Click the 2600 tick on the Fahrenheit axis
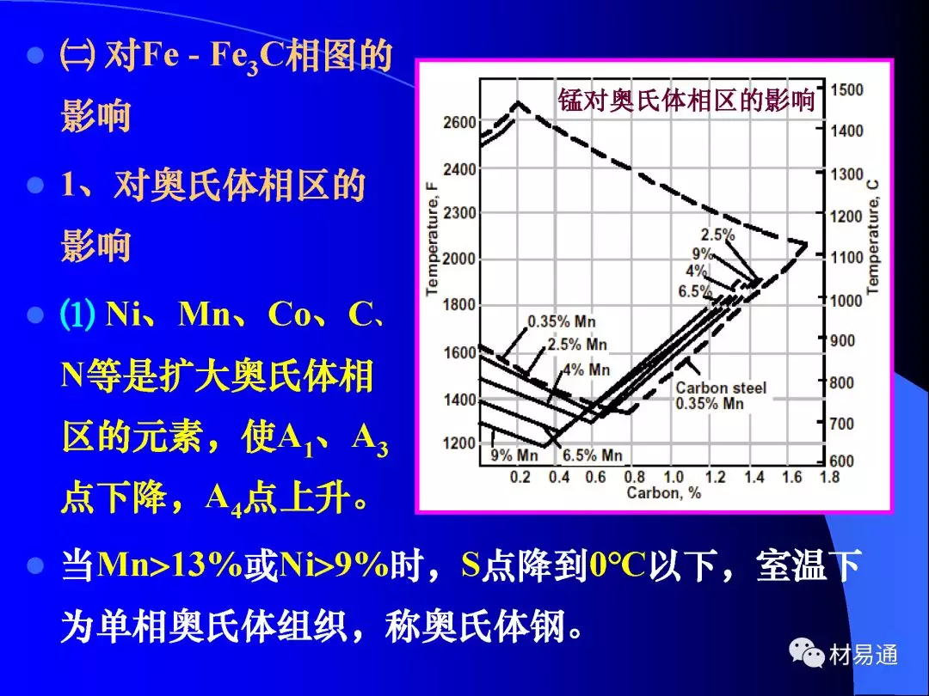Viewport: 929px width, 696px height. coord(459,123)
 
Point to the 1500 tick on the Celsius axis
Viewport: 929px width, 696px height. coord(846,90)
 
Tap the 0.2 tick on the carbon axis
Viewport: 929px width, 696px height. coord(520,476)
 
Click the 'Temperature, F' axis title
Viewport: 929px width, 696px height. coord(432,237)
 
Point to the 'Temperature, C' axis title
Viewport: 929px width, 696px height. coord(873,237)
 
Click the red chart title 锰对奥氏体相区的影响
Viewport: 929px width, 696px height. coord(686,100)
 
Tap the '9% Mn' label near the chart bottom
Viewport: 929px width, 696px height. coord(514,455)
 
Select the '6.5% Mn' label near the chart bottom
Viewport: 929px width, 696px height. coord(593,455)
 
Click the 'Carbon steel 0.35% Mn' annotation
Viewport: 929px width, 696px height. coord(721,395)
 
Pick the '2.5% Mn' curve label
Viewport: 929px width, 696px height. coord(578,344)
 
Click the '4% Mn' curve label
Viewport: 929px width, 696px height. coord(586,369)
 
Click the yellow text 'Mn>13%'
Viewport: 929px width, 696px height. coord(170,565)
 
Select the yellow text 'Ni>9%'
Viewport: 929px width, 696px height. coord(334,565)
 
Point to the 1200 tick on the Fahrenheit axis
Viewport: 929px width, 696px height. coord(459,443)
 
